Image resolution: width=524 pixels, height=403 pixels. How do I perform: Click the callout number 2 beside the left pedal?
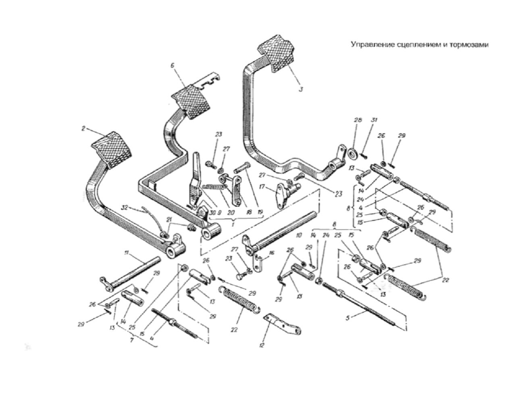[x=83, y=129]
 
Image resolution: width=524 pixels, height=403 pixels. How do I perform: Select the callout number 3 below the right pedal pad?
[x=301, y=89]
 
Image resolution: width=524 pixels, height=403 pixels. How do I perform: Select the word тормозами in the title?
[x=468, y=44]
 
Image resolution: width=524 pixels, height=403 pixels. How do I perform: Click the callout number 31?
[x=374, y=120]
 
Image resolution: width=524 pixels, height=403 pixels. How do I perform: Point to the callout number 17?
[x=262, y=187]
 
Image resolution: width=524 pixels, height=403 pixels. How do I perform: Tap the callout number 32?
[x=125, y=208]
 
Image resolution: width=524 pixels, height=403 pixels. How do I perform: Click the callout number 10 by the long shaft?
[x=298, y=234]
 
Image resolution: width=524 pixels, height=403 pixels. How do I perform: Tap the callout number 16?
[x=272, y=253]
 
